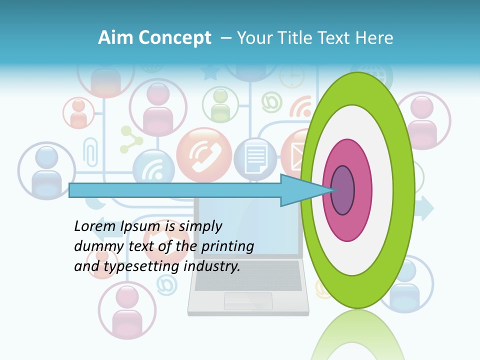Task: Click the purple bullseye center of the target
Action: tap(342, 190)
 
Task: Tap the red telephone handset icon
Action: tap(204, 155)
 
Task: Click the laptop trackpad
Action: tap(248, 300)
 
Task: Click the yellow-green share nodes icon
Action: tap(131, 139)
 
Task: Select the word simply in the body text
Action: tap(199, 226)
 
